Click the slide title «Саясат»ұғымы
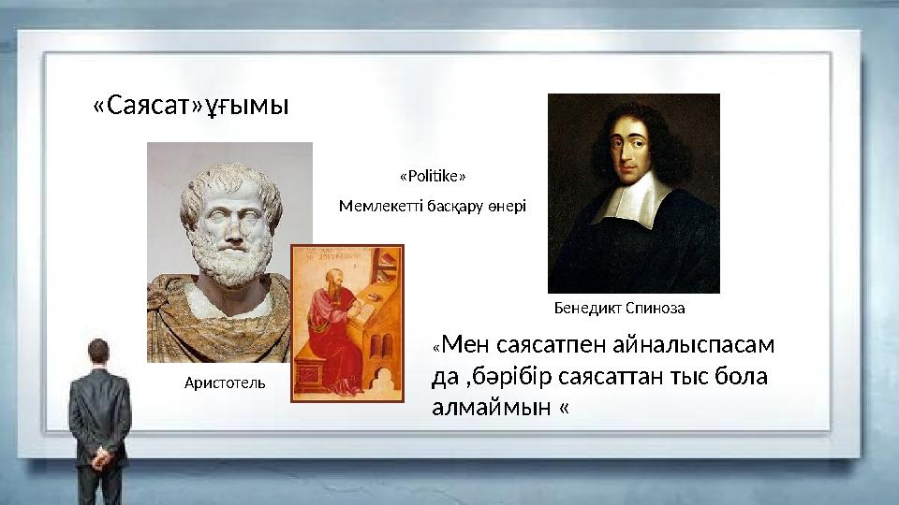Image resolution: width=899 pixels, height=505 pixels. (191, 107)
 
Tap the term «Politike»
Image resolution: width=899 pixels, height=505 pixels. (433, 176)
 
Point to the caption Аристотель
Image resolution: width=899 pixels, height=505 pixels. (225, 382)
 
